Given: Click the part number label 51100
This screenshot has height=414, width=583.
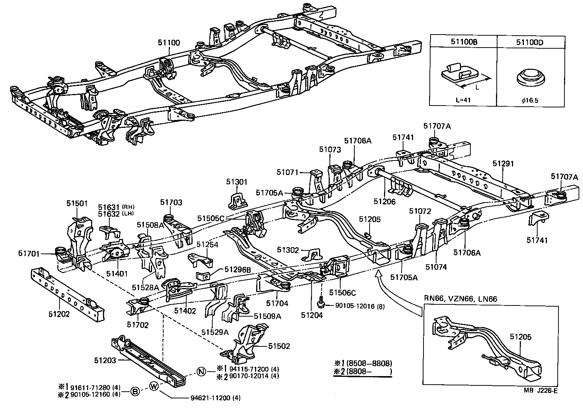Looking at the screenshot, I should tap(169, 43).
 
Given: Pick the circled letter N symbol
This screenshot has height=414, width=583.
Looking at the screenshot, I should tap(201, 371).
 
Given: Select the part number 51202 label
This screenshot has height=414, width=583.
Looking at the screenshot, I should tap(59, 314).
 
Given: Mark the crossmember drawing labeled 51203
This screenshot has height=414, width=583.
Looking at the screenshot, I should tap(149, 357).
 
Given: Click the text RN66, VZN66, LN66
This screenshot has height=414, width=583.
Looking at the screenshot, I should tap(461, 298).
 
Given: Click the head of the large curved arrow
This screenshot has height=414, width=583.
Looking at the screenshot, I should tap(378, 274).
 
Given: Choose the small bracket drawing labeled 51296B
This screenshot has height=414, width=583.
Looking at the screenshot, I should tap(203, 276).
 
